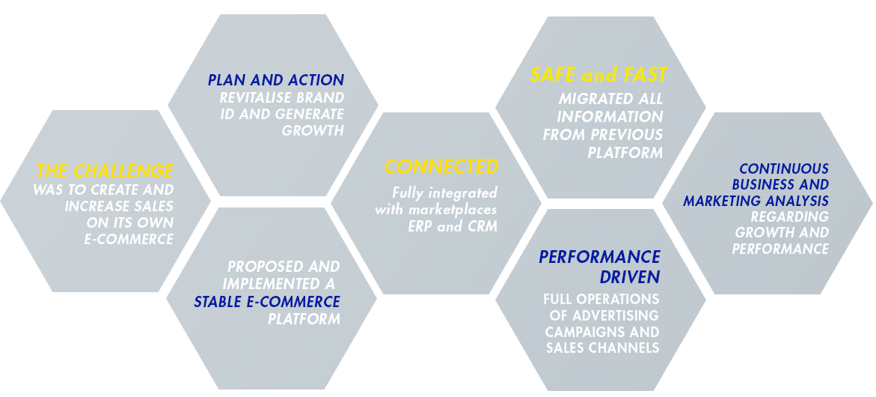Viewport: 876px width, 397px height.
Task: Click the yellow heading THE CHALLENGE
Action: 105,171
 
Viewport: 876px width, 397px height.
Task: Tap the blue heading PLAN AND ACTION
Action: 276,80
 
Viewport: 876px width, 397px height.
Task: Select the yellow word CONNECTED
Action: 441,166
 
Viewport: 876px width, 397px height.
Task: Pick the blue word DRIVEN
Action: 631,277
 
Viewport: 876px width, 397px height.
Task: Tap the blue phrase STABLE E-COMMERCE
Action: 267,302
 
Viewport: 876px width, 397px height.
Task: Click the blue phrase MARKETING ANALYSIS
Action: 756,201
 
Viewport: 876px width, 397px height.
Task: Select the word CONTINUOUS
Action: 784,169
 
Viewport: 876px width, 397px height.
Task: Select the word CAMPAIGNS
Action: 584,331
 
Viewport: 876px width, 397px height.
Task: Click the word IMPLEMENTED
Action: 272,284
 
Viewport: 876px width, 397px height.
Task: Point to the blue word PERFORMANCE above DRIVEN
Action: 599,258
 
